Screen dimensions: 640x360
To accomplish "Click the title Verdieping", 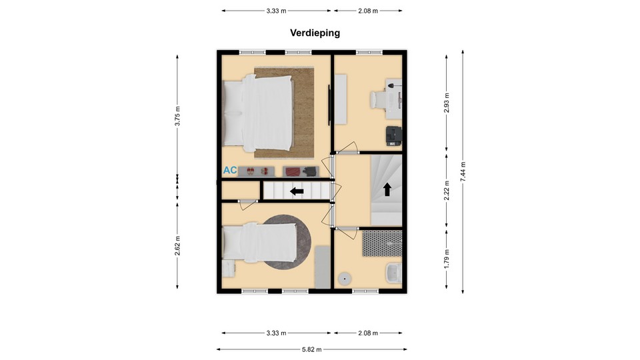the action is coord(315,33).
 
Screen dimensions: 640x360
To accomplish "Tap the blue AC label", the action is coord(230,170).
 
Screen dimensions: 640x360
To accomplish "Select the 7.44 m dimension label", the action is coord(463,172).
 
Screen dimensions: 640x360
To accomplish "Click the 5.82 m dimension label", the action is coord(312,349).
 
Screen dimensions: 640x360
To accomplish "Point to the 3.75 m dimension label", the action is coord(177,116).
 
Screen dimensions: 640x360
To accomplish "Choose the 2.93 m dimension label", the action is coord(447,103).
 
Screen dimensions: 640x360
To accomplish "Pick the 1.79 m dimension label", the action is coord(447,259).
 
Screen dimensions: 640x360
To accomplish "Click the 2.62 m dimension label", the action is coord(177,246).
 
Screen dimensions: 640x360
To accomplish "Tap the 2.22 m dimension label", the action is coord(447,191).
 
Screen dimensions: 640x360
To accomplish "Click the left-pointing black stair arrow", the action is coord(297,191).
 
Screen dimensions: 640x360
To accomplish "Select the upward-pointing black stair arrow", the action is coord(387,189).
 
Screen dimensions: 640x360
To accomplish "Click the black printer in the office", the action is coord(394,136).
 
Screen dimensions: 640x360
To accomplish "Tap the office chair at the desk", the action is coord(378,100).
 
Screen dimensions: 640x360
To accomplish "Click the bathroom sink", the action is coord(394,273).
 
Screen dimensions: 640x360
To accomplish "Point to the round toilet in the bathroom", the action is coord(345,279).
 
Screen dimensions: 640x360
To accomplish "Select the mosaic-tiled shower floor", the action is coord(382,244).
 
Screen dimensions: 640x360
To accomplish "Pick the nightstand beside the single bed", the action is coord(229,269).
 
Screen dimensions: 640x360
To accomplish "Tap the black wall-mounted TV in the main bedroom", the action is coord(329,105).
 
